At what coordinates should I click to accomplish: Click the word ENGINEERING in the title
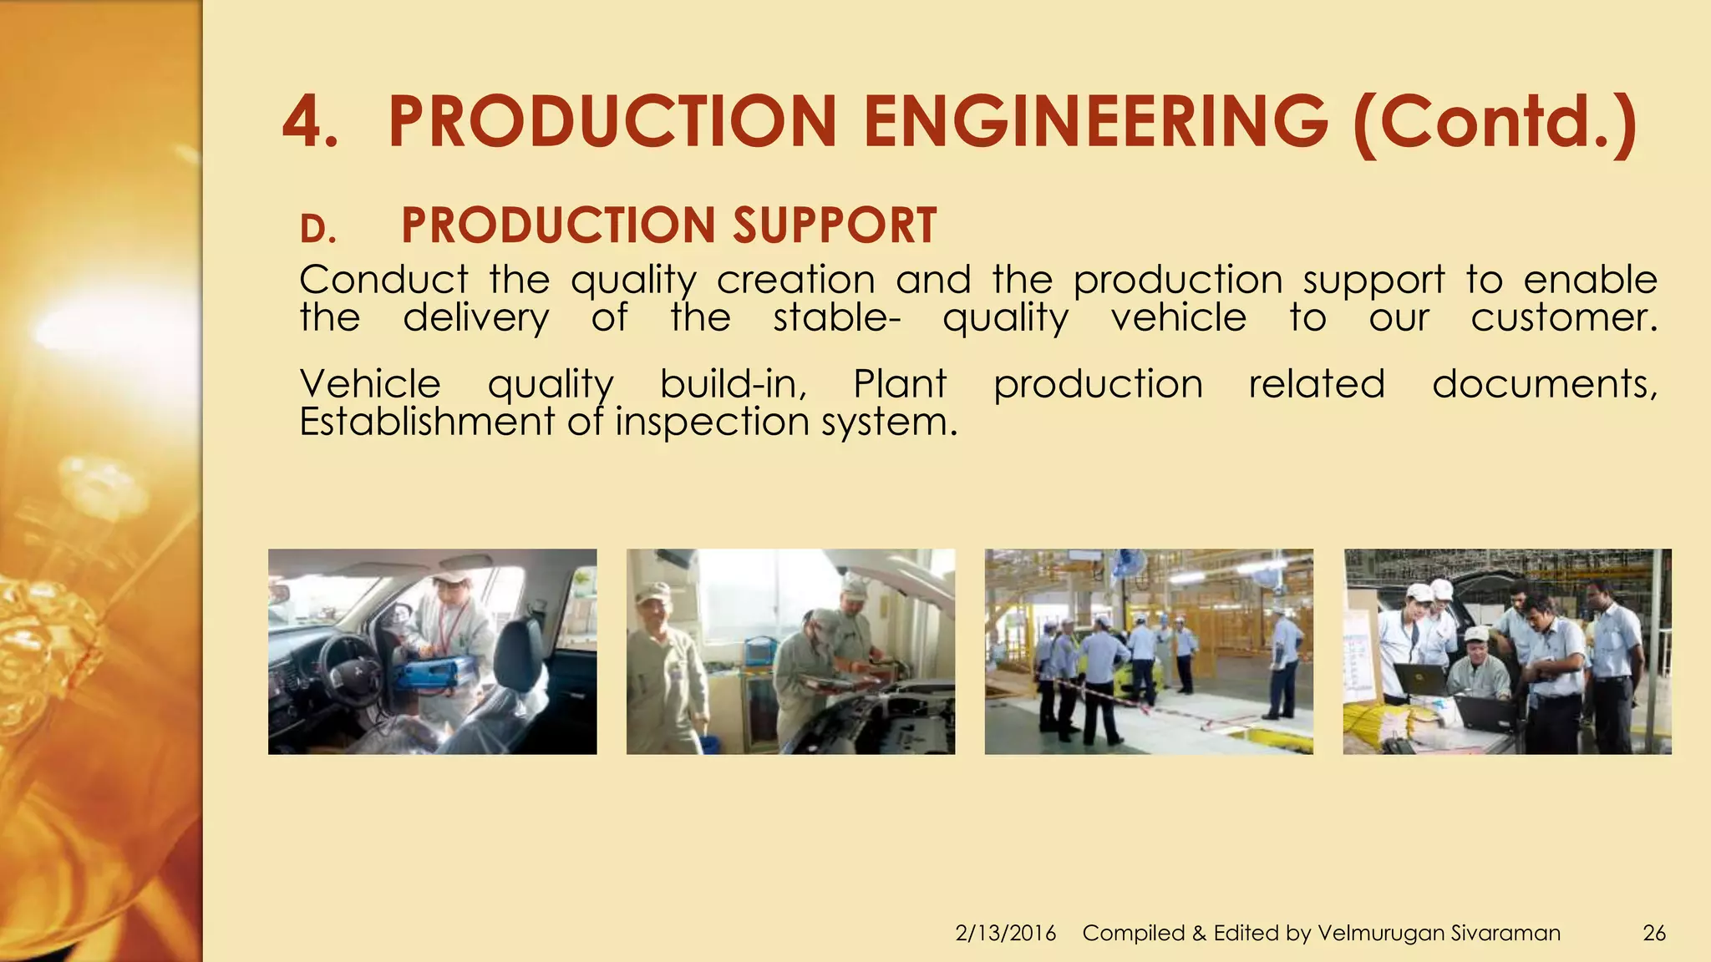[1094, 123]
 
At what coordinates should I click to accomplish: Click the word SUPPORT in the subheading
[835, 225]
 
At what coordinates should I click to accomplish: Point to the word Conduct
[383, 280]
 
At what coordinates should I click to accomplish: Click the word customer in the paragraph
[1562, 318]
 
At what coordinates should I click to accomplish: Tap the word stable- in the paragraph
[835, 318]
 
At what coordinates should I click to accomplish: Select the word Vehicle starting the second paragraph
[369, 384]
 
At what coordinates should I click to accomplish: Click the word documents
[1544, 384]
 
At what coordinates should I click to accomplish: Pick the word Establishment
[426, 422]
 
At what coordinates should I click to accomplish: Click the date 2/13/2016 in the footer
[1005, 933]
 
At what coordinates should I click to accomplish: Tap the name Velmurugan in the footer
[1379, 933]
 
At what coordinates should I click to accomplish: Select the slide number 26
[1653, 933]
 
